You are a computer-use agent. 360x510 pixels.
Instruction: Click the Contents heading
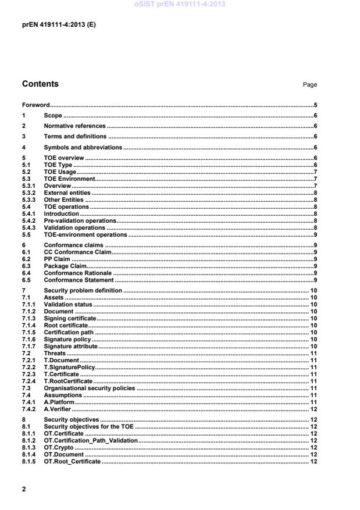point(40,84)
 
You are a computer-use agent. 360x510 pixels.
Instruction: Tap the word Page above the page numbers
point(310,85)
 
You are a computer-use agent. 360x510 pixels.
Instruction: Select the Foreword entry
point(35,105)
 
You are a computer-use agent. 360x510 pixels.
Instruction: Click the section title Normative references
point(75,126)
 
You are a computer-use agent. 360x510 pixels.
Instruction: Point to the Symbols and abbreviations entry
point(83,147)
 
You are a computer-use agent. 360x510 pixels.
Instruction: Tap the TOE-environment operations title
point(85,234)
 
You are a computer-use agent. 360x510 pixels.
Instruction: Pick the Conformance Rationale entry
point(78,272)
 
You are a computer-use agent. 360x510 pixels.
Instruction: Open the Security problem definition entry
point(83,290)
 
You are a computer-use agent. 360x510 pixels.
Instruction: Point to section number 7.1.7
point(30,346)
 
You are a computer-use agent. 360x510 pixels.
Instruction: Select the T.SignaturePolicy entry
point(69,367)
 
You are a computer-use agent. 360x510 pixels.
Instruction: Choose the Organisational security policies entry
point(90,387)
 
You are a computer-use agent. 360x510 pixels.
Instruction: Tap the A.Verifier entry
point(57,408)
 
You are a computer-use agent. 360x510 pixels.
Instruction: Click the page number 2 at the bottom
point(24,488)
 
